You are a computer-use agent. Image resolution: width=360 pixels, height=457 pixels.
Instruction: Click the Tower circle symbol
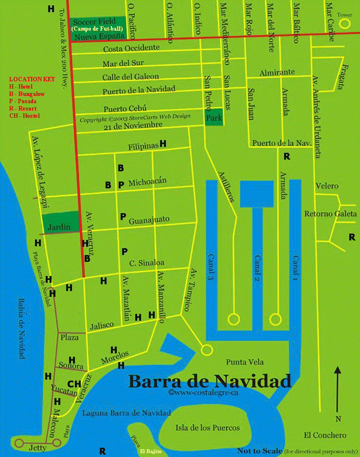click(345, 23)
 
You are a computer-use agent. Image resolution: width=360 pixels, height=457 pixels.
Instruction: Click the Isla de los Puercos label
click(207, 428)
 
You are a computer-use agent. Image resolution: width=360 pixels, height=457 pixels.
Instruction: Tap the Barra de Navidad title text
click(209, 381)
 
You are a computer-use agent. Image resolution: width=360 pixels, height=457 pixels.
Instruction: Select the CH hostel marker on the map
click(74, 384)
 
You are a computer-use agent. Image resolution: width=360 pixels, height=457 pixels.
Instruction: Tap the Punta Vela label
click(245, 362)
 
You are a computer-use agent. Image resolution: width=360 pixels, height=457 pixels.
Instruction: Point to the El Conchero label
click(325, 435)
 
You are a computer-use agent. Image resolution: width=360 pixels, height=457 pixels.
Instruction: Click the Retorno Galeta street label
click(330, 214)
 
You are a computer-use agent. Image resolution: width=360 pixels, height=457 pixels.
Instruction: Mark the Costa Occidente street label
click(131, 48)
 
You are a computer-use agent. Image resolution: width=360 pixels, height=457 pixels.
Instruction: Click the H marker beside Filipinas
click(163, 144)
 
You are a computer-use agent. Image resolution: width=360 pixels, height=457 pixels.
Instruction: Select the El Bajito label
click(150, 452)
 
